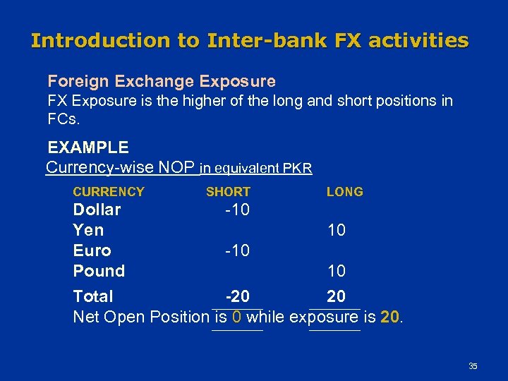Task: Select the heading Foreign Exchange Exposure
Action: pyautogui.click(x=161, y=81)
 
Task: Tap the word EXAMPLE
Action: pyautogui.click(x=88, y=147)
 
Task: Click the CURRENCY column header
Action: pyautogui.click(x=109, y=192)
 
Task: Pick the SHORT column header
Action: pyautogui.click(x=228, y=192)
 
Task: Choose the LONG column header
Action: pyautogui.click(x=345, y=192)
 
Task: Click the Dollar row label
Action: pyautogui.click(x=97, y=210)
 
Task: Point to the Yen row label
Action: pyautogui.click(x=88, y=230)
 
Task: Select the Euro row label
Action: pyautogui.click(x=92, y=250)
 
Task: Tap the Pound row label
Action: pyautogui.click(x=99, y=271)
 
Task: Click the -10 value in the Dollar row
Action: pyautogui.click(x=237, y=210)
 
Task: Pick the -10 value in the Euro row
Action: pyautogui.click(x=237, y=250)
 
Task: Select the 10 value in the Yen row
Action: pyautogui.click(x=336, y=230)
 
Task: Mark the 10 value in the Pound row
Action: pyautogui.click(x=336, y=271)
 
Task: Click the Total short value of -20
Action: pyautogui.click(x=237, y=296)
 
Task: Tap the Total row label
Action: pyautogui.click(x=93, y=296)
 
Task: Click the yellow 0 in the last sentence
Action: pyautogui.click(x=237, y=317)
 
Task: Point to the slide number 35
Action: pyautogui.click(x=473, y=366)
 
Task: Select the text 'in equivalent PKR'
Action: pyautogui.click(x=256, y=169)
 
